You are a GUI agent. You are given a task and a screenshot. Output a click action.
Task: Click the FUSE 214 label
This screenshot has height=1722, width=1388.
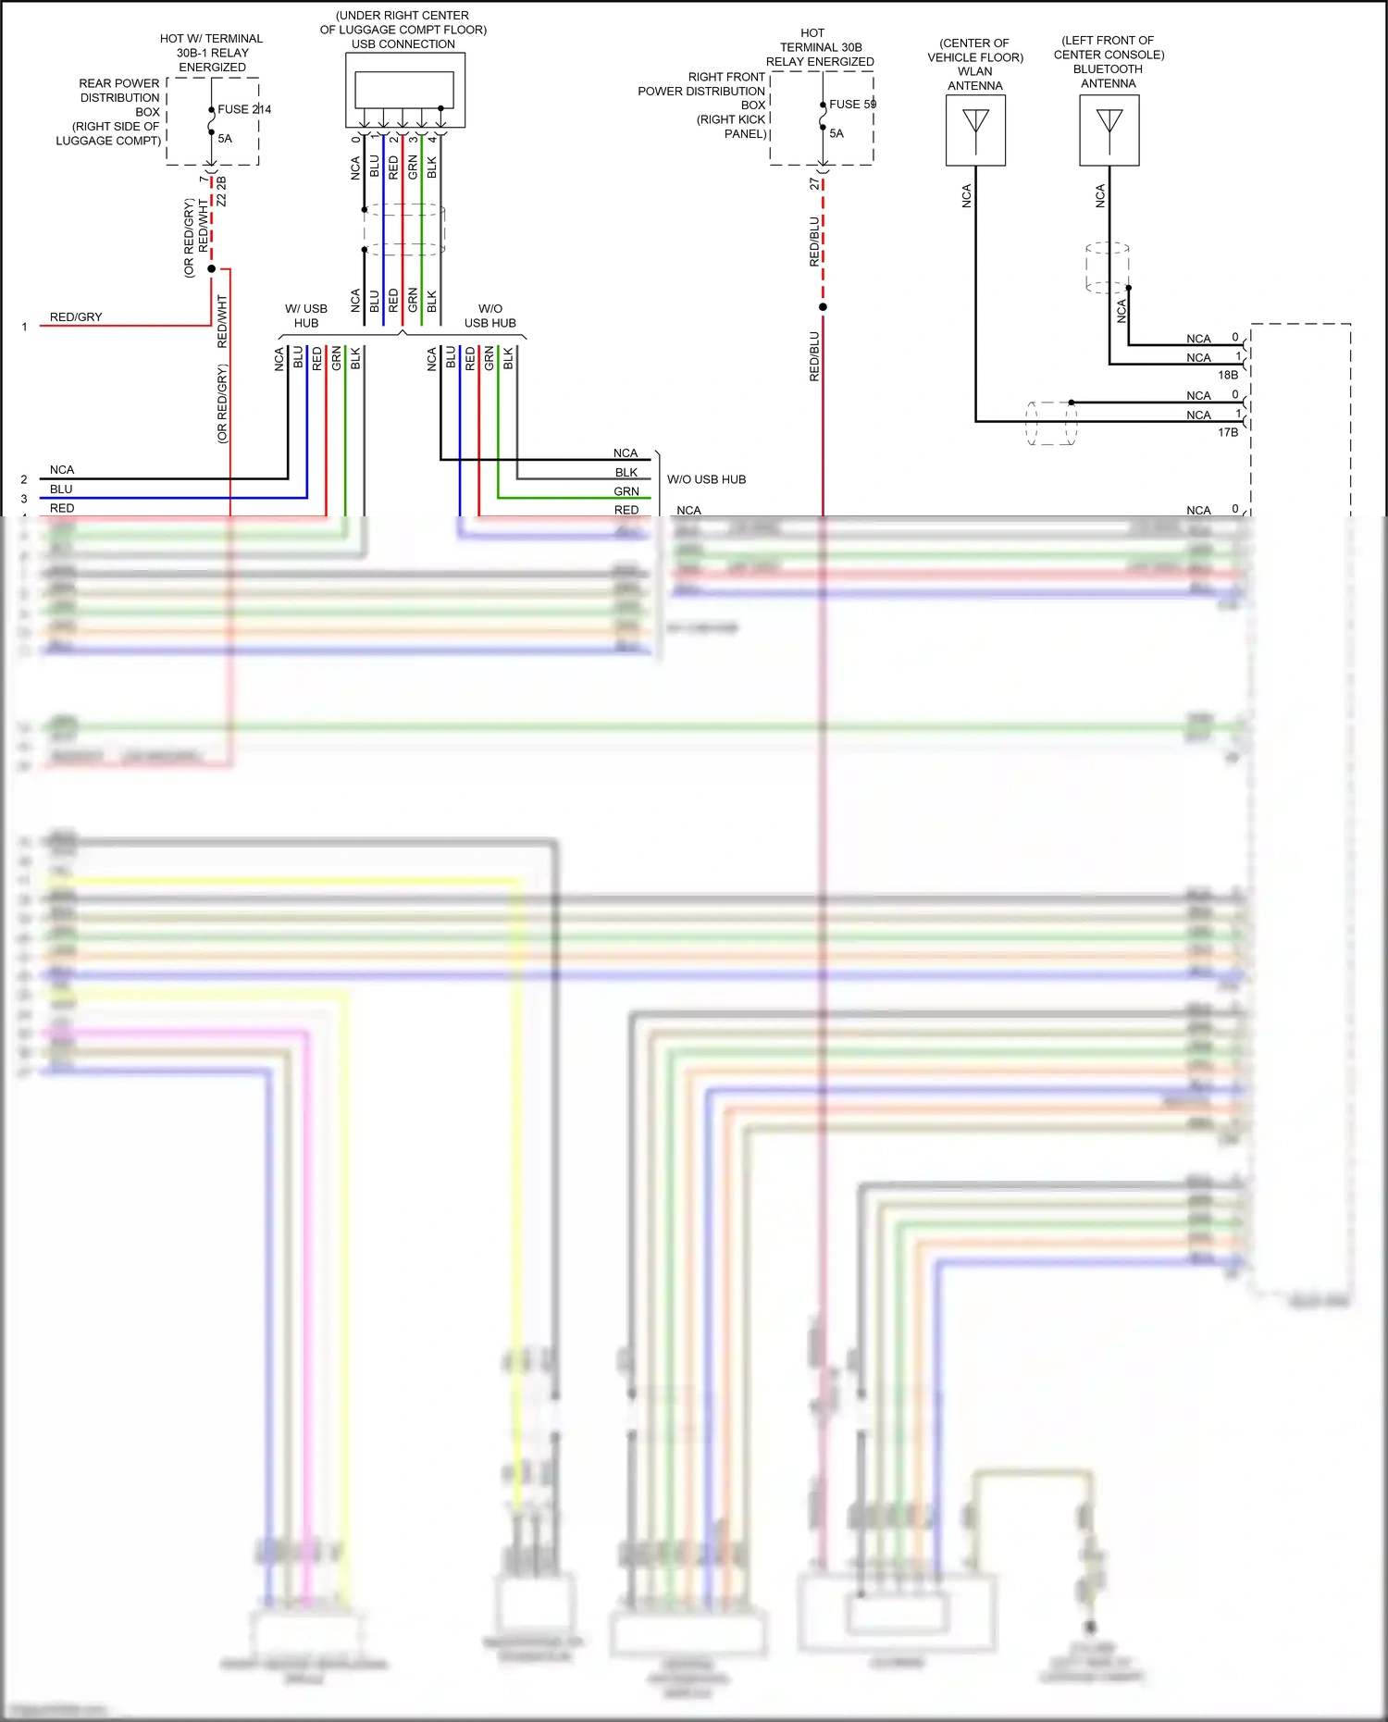[244, 109]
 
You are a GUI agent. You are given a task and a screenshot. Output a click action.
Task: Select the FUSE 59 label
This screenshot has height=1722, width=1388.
[852, 104]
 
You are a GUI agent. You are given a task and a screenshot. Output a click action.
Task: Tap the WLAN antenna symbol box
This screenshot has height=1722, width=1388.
[975, 130]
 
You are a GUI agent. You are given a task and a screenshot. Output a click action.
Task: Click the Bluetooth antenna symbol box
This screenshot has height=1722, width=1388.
[1109, 130]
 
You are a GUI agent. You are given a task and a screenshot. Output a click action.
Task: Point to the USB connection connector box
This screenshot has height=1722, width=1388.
[404, 90]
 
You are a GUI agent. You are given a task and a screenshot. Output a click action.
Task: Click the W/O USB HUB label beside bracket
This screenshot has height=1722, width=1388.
[706, 479]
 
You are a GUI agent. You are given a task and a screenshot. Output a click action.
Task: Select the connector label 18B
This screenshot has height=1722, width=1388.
[1227, 375]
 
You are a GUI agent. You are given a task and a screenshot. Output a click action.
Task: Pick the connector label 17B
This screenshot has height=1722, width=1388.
[1227, 432]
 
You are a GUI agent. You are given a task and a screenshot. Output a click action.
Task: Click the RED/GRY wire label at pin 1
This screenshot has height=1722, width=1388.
[76, 317]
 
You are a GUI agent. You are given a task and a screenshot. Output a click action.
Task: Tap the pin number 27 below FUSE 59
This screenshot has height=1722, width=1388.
[814, 184]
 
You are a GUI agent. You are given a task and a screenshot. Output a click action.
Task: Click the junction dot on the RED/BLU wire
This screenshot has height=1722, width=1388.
[823, 306]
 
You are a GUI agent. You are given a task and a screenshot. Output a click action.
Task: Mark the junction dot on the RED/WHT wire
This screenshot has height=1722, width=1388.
[212, 269]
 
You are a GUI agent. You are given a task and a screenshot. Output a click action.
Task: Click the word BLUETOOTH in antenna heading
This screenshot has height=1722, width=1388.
[1108, 69]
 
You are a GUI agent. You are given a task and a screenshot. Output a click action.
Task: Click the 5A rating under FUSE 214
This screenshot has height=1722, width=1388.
[225, 139]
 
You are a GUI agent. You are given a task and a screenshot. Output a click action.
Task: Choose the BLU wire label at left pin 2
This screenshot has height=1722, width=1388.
[61, 489]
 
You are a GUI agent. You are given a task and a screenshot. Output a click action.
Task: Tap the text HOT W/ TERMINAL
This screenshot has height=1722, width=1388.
[211, 39]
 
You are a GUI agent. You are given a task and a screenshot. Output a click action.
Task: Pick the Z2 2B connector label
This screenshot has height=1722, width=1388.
[222, 192]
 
